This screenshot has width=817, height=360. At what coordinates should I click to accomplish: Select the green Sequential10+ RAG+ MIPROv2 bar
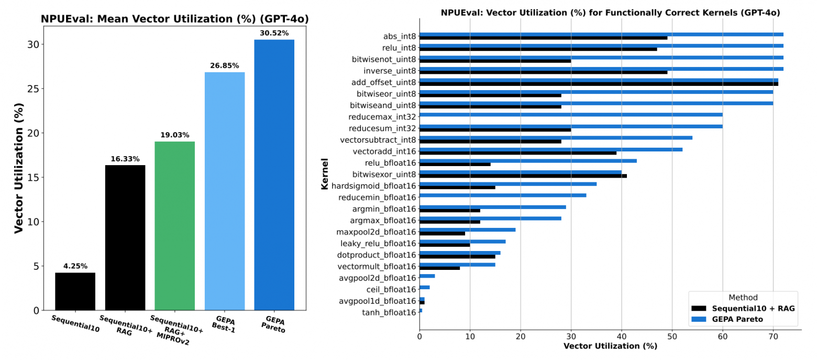[174, 226]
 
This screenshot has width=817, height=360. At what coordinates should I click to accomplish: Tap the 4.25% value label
[75, 266]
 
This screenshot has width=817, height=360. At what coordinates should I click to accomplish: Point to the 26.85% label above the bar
[224, 66]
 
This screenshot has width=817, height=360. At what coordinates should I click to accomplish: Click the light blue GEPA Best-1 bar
[224, 191]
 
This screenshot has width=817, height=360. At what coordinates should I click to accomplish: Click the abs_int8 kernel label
[399, 36]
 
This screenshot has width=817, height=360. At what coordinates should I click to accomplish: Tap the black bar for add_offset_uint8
[599, 84]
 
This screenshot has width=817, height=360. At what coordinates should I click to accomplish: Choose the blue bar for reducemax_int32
[571, 114]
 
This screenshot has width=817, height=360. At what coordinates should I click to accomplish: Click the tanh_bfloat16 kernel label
[389, 313]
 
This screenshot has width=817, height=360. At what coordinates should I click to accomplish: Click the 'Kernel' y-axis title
[325, 173]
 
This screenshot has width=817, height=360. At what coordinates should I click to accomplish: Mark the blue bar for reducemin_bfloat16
[503, 195]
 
